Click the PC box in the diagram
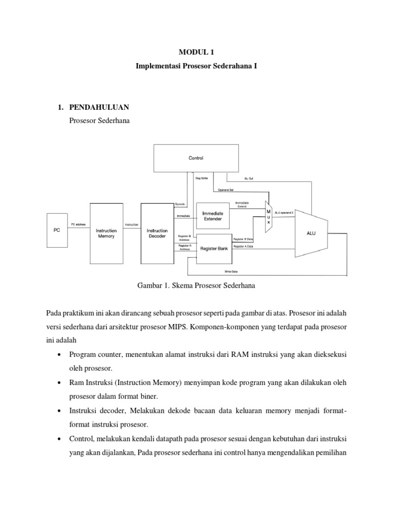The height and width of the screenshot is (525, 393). pos(57,230)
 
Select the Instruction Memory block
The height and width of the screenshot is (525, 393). pos(106,233)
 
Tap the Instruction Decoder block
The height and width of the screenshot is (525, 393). pos(157,233)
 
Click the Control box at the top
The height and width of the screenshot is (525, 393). pos(196,158)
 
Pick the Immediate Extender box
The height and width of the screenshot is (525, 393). pos(213,215)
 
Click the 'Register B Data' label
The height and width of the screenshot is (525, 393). pos(244,239)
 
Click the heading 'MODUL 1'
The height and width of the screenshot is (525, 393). pos(196,52)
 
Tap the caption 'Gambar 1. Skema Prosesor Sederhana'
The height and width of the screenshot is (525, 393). pos(196,286)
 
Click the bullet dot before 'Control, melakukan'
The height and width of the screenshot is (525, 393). pos(60,439)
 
